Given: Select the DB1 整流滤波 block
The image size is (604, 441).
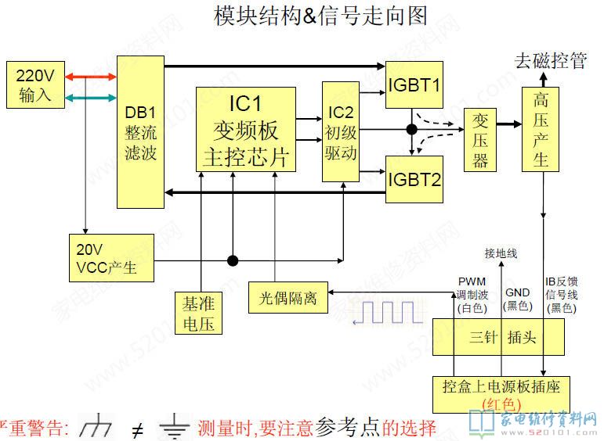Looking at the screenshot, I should click(140, 131).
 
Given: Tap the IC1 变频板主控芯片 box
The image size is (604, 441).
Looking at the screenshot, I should click(245, 129).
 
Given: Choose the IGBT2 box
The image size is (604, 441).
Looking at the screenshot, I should click(414, 179).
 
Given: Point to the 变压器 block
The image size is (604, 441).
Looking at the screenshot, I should click(480, 139).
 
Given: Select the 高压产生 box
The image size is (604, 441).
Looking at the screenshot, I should click(541, 129).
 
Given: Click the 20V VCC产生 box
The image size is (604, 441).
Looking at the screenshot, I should click(110, 258).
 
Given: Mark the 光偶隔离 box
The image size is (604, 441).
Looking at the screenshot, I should click(288, 297).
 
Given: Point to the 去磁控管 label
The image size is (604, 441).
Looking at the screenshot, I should click(550, 60).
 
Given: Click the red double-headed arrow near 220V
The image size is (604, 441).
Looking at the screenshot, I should click(91, 76).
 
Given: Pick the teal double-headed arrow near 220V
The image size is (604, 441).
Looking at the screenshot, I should click(91, 97).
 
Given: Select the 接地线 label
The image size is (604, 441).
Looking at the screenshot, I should click(501, 253).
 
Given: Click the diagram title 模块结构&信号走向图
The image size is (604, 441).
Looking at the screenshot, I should click(321, 16).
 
